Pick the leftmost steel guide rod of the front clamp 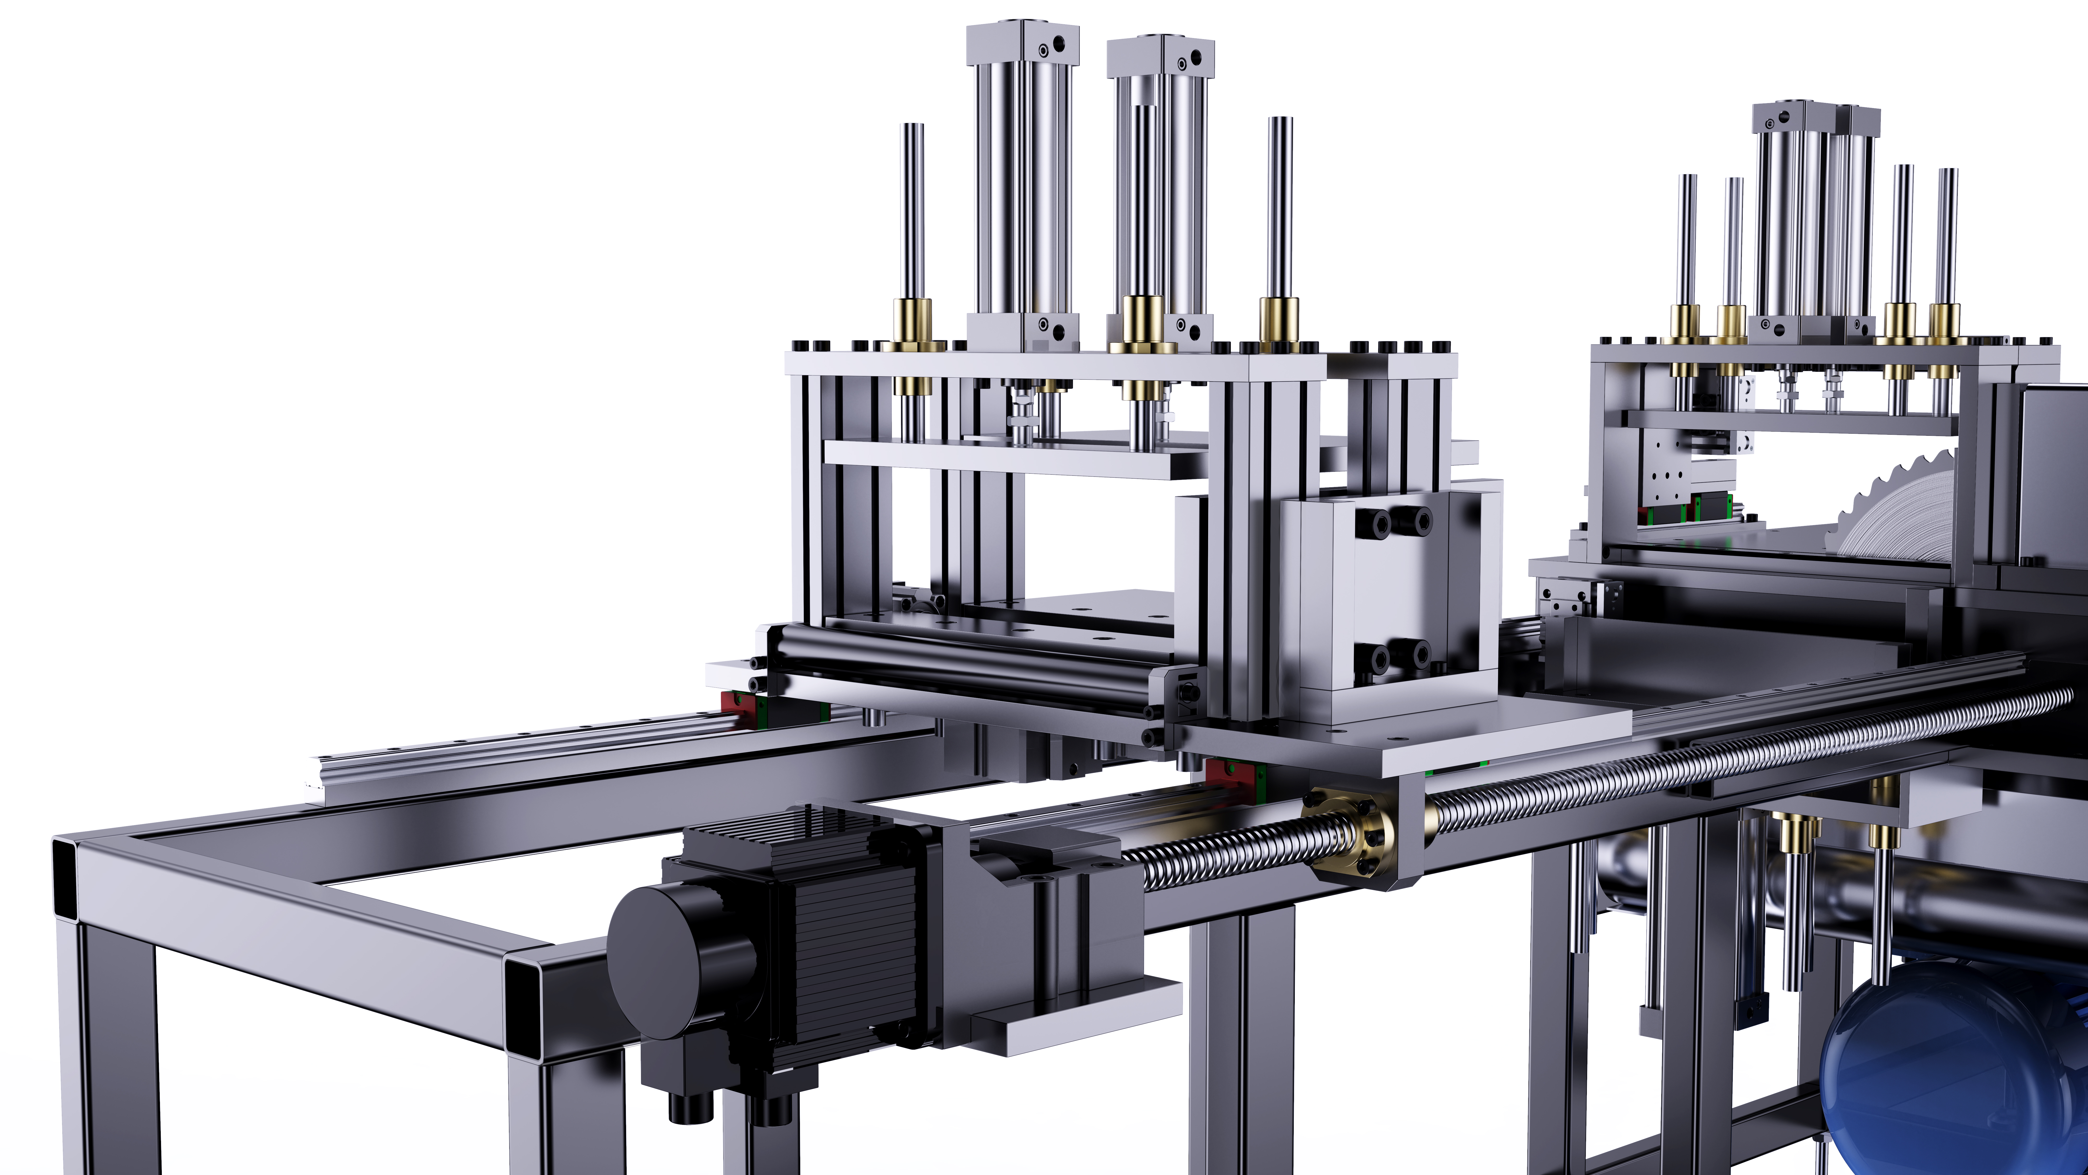click(913, 211)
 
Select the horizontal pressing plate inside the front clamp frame click(1013, 458)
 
